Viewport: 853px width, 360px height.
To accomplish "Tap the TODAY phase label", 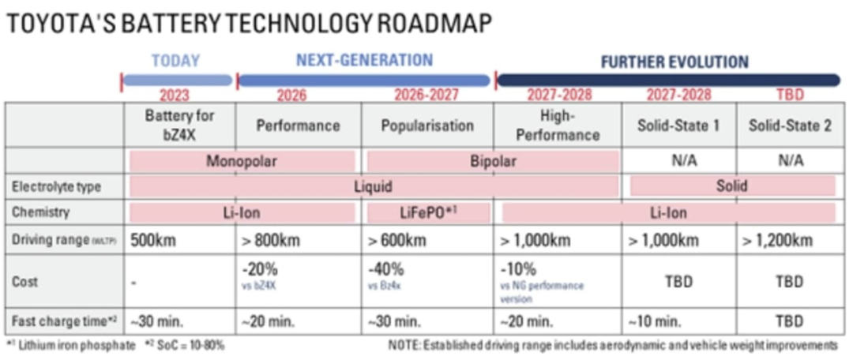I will [175, 61].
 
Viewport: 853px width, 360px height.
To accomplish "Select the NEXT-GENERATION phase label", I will [364, 61].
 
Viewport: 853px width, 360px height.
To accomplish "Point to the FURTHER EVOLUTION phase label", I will [675, 62].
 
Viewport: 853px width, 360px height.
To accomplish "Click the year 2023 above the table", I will [175, 96].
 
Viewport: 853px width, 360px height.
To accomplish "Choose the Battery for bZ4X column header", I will [179, 125].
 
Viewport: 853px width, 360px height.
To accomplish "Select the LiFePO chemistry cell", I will [429, 212].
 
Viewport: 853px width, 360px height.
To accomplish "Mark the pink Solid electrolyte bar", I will [732, 187].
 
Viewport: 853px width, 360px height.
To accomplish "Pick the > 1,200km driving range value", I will [778, 240].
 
